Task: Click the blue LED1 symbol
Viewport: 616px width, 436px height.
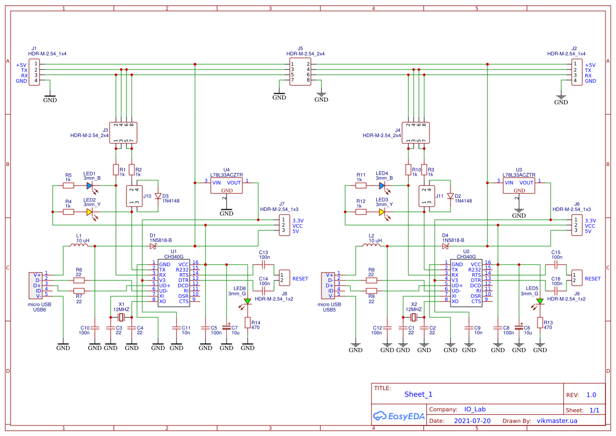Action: click(90, 186)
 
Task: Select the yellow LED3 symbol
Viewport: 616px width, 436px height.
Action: click(382, 212)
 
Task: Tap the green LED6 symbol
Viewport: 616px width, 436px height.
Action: click(247, 302)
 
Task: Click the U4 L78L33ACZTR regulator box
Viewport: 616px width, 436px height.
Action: click(227, 186)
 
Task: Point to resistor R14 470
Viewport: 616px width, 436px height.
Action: click(247, 322)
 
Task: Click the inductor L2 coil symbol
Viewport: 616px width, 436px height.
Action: click(371, 246)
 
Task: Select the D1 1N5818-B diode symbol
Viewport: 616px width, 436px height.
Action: click(153, 246)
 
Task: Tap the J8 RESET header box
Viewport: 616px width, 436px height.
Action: click(285, 278)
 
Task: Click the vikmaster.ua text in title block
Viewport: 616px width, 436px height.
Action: click(556, 421)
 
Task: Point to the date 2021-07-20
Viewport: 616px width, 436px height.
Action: click(472, 421)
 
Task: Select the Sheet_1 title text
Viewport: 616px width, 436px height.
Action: click(418, 394)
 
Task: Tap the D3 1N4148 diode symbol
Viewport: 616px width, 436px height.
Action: click(158, 196)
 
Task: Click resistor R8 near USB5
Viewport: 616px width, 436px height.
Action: click(371, 280)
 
